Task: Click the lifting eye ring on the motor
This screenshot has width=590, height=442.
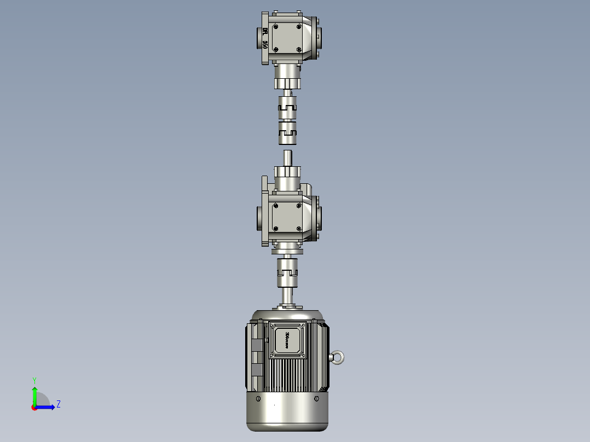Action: click(338, 358)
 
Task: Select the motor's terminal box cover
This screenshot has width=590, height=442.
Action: click(287, 340)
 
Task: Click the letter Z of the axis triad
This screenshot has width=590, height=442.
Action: click(58, 404)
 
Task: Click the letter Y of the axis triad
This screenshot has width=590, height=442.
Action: click(34, 379)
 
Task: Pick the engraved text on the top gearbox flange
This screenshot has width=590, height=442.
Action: click(265, 38)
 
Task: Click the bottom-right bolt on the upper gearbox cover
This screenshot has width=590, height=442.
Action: click(298, 49)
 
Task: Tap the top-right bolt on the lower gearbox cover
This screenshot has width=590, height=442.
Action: click(299, 206)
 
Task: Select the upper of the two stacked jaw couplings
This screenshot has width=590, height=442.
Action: click(287, 107)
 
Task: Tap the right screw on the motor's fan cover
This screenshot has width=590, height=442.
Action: click(316, 399)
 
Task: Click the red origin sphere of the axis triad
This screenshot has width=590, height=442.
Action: click(34, 407)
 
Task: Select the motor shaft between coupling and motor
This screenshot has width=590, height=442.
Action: click(287, 296)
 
